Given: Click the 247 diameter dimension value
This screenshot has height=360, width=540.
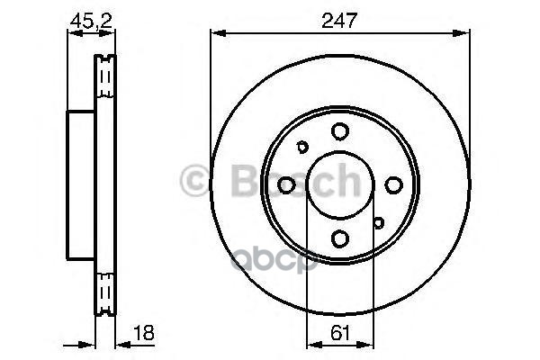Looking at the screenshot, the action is (339, 21).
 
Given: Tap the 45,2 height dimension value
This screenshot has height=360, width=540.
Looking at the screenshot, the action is (91, 22).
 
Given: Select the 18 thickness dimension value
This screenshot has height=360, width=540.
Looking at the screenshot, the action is (143, 332).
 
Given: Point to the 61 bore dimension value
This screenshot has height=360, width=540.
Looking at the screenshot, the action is (340, 333).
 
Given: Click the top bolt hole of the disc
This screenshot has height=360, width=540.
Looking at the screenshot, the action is (340, 131).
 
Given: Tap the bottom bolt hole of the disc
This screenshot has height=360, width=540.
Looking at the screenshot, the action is (340, 238).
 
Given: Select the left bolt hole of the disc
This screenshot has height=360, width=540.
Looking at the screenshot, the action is (286, 185).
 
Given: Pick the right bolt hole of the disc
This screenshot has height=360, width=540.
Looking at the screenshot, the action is (393, 185).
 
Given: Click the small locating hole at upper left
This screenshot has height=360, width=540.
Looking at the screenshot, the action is (302, 147).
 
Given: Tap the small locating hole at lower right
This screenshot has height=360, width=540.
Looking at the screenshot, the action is (378, 223).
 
